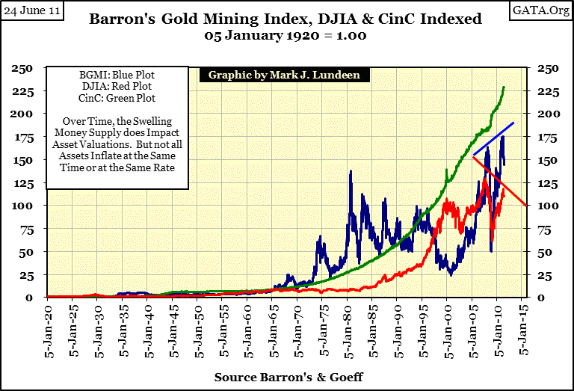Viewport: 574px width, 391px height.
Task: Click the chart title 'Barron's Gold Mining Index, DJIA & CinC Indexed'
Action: coord(287,20)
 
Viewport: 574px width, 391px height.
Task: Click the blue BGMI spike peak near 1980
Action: coord(351,172)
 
